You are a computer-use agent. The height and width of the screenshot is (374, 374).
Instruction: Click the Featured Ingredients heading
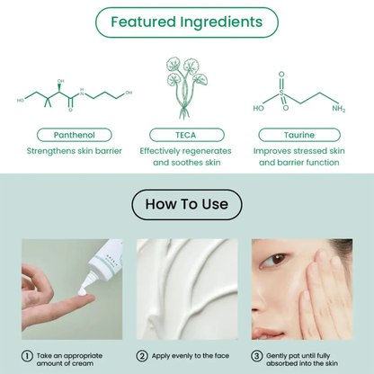pos(187,21)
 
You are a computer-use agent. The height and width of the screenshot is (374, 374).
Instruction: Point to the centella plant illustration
pos(186,85)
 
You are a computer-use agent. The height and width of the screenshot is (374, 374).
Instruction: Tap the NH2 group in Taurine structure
pos(337,109)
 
